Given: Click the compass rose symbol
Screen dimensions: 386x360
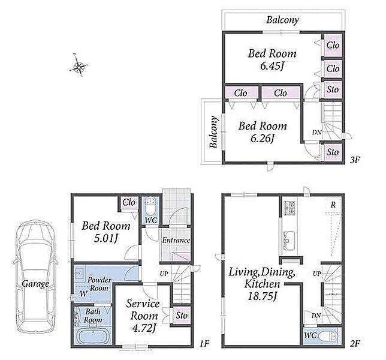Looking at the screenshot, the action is pos(79,65).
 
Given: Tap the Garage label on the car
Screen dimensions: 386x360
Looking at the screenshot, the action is pos(35,284).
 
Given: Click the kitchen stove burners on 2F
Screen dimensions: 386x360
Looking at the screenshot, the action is pos(289,208).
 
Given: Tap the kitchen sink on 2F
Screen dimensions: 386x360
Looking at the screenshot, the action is pos(288,241).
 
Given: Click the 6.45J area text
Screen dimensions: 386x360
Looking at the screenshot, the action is pos(272,66).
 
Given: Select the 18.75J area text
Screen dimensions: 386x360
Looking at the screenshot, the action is pos(262,296).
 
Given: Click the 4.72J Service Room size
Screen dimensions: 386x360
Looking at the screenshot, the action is pos(144,328).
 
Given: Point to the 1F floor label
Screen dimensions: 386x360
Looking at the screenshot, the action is pos(204,343).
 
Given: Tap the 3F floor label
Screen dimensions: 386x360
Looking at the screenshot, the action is pos(355,160).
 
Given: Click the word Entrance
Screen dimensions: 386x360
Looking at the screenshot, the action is pos(176,240).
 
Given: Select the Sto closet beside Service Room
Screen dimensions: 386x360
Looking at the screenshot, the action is pos(182,316).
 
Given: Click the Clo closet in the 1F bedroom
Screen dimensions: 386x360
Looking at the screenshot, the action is pos(129,203).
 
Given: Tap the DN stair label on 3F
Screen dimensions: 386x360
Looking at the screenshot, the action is pos(317,133).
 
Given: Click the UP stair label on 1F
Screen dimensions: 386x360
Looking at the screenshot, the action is pos(164,274).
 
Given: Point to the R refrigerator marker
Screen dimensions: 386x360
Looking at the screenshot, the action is pos(333,205).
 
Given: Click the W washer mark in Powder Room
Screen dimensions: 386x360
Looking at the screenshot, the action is pos(83,293).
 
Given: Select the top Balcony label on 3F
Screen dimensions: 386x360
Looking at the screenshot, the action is pos(283,20).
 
